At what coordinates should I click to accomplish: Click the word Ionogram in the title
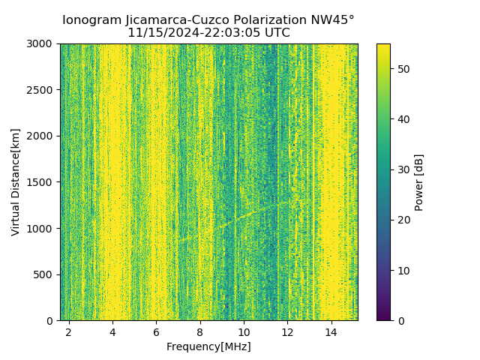click(x=89, y=20)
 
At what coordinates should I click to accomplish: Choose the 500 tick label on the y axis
click(x=47, y=274)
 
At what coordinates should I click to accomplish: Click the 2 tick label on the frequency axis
click(x=69, y=331)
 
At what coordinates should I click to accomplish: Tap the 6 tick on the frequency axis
click(x=156, y=331)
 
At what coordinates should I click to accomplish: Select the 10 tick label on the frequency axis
click(x=244, y=331)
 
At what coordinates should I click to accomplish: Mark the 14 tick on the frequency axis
click(x=331, y=331)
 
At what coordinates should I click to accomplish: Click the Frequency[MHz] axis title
click(x=208, y=346)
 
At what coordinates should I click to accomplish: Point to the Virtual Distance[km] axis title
click(x=16, y=182)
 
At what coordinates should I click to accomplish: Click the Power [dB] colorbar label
click(x=419, y=182)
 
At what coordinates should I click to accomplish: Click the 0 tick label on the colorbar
click(x=399, y=320)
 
